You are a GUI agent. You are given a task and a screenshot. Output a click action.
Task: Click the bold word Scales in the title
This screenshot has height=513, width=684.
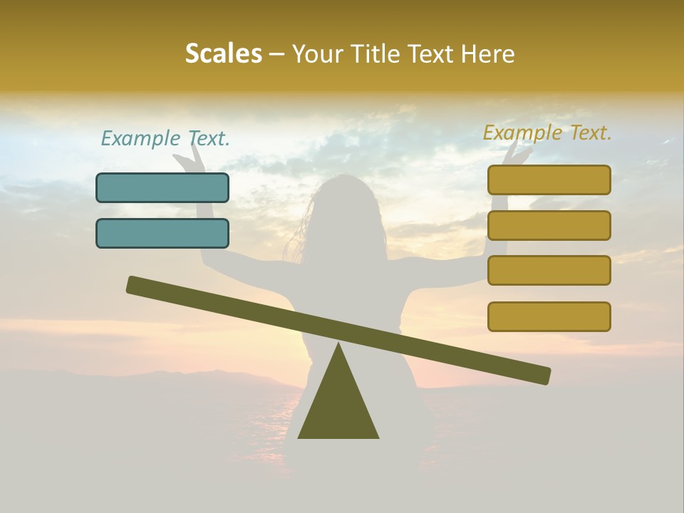223,53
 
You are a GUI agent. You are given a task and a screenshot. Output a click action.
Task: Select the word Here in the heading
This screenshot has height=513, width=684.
488,53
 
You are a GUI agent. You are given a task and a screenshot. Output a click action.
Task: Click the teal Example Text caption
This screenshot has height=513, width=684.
165,138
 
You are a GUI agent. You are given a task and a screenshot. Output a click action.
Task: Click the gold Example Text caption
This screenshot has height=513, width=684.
547,133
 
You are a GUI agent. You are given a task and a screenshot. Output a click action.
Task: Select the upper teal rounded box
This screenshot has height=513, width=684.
162,187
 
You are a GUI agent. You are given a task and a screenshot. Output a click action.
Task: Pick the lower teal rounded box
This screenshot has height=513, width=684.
162,233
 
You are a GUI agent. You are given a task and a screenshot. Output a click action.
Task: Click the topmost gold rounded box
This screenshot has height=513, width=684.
549,180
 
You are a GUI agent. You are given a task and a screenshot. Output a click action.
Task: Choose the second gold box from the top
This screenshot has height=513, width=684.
549,225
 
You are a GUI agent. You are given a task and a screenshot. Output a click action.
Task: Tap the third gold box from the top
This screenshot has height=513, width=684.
549,271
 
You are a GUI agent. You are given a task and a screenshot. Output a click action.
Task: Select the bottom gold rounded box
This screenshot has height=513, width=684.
549,316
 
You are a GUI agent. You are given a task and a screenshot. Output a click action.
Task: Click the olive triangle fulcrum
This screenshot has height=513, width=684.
338,403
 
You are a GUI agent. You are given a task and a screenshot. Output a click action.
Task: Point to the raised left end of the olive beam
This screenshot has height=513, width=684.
135,285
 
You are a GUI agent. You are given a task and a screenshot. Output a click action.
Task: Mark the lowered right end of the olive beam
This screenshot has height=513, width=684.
541,375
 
